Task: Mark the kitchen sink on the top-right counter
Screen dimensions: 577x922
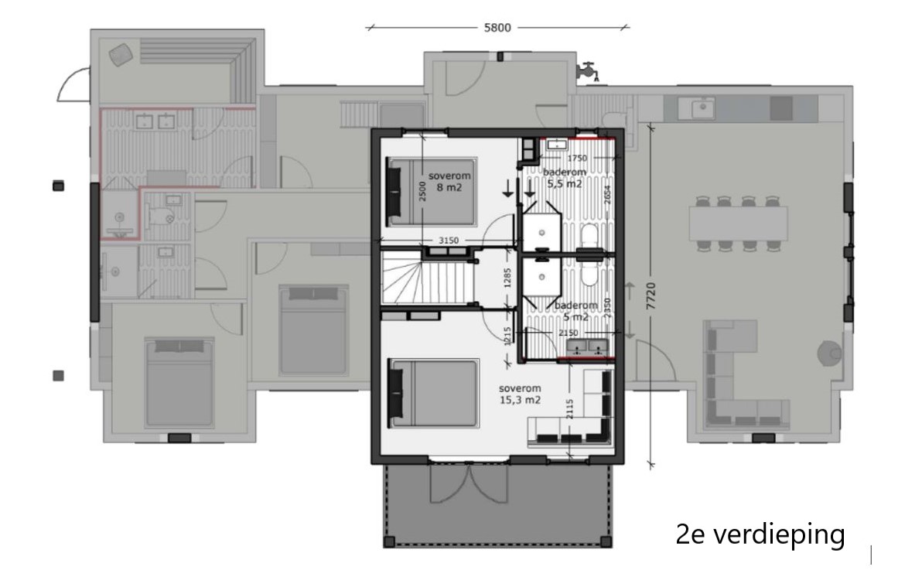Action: click(703, 108)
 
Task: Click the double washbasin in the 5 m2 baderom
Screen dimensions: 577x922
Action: click(589, 347)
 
